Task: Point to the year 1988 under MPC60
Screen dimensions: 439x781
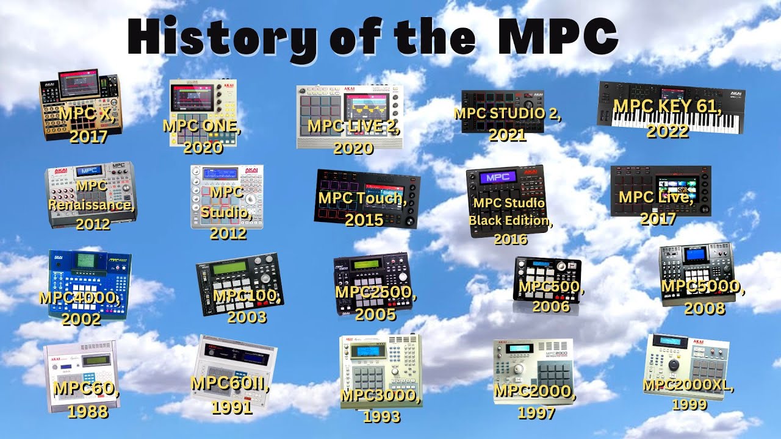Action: pyautogui.click(x=87, y=412)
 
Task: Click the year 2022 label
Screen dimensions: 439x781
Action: pyautogui.click(x=668, y=132)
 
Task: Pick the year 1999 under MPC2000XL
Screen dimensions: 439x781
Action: pyautogui.click(x=689, y=404)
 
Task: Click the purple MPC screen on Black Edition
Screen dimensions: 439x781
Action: pyautogui.click(x=498, y=179)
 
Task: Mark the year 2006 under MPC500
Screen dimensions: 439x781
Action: pyautogui.click(x=551, y=306)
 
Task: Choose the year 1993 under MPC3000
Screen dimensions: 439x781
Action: pyautogui.click(x=381, y=416)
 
